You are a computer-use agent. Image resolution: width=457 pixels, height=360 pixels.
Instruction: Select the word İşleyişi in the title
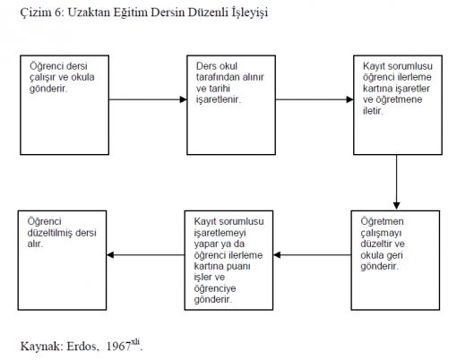(x=250, y=13)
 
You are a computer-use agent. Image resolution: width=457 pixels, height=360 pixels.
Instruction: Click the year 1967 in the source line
(x=118, y=347)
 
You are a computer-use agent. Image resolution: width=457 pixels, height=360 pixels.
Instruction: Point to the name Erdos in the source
(x=82, y=347)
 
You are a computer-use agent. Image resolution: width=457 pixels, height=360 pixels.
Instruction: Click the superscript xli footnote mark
(x=135, y=342)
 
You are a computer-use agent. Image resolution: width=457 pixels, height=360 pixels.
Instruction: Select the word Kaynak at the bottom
(x=40, y=347)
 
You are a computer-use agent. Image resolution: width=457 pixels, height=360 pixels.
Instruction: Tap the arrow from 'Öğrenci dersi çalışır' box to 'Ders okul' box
(x=148, y=99)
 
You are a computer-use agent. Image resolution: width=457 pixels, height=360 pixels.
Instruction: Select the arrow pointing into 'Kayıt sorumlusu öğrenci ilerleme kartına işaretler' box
(x=315, y=99)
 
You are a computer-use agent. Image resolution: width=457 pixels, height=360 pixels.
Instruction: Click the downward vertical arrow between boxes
(x=396, y=183)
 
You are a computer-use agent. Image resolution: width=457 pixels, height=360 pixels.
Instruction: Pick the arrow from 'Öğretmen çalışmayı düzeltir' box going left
(x=312, y=255)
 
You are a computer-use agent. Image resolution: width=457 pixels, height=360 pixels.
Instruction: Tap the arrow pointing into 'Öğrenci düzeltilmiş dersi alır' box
(x=146, y=255)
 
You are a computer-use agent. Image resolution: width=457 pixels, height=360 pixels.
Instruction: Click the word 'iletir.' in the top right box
(x=373, y=111)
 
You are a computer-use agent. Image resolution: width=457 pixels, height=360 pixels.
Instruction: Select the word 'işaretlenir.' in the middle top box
(x=219, y=100)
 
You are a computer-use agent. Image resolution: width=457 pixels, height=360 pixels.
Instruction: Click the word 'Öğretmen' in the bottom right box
(x=382, y=221)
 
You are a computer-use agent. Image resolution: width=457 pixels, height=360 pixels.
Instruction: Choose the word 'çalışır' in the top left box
(x=42, y=78)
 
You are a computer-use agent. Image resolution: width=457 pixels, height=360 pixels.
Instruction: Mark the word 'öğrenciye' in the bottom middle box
(x=215, y=289)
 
